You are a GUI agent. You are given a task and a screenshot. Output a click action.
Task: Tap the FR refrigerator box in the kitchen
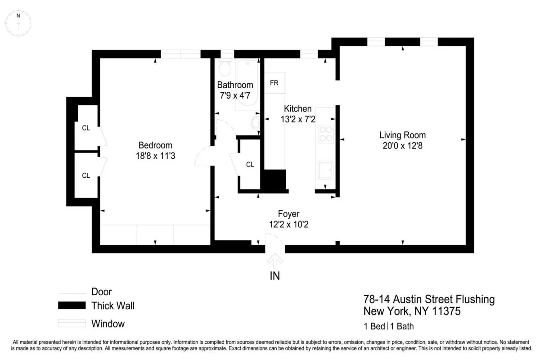[274, 83]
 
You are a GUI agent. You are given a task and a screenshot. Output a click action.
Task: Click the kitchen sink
[325, 171]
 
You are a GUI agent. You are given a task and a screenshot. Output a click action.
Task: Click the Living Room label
[402, 135]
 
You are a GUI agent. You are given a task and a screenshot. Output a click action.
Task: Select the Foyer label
[288, 214]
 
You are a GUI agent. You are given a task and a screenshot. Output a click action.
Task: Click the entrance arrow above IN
[275, 261]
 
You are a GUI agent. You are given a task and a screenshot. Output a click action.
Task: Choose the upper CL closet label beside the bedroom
[86, 128]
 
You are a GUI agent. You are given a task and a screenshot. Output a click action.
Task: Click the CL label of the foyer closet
[250, 165]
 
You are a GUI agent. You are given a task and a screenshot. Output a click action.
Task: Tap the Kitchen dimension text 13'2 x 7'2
[298, 119]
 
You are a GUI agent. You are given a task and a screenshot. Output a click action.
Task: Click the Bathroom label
[235, 85]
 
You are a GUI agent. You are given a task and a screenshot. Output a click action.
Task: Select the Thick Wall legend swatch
[72, 306]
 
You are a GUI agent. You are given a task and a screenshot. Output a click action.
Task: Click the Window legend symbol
[72, 324]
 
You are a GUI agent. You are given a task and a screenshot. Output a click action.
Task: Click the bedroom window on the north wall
[181, 54]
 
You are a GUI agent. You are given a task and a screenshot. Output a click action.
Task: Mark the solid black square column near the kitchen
[274, 180]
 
